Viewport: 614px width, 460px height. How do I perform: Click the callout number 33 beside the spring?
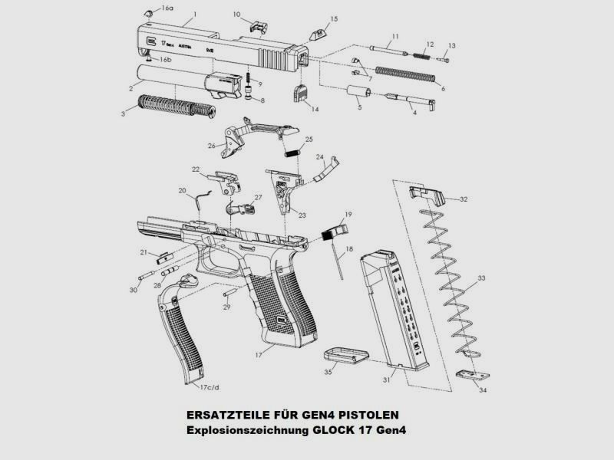point(481,278)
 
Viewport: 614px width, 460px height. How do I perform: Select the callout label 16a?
point(167,8)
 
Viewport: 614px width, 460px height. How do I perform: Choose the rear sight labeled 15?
point(317,33)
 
